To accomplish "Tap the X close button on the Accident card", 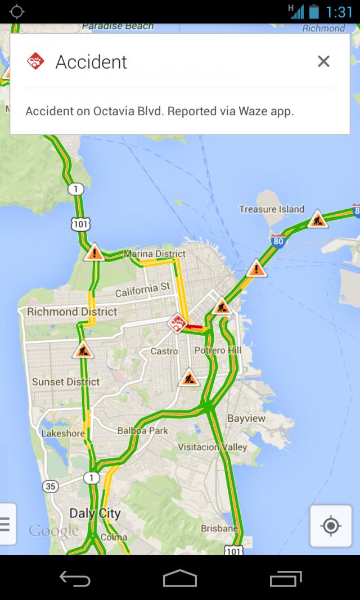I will click(323, 61).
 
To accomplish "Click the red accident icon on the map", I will click(178, 323).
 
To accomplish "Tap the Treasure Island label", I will click(271, 209).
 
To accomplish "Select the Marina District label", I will click(155, 254).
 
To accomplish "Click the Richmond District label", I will click(72, 312).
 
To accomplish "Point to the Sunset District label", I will click(66, 382).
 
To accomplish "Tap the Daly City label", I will click(94, 513).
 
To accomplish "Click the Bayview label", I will click(246, 418).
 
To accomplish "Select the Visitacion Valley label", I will click(212, 447).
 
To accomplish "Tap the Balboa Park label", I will click(143, 431).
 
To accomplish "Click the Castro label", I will click(164, 351).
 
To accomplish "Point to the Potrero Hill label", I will click(218, 350).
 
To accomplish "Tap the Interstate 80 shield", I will click(277, 242).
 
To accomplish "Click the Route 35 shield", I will click(51, 486).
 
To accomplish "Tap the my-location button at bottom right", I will click(331, 526).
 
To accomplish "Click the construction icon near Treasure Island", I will click(317, 219).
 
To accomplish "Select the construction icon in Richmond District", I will click(83, 350).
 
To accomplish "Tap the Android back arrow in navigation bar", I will click(75, 578).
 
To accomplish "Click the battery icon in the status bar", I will click(313, 11).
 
